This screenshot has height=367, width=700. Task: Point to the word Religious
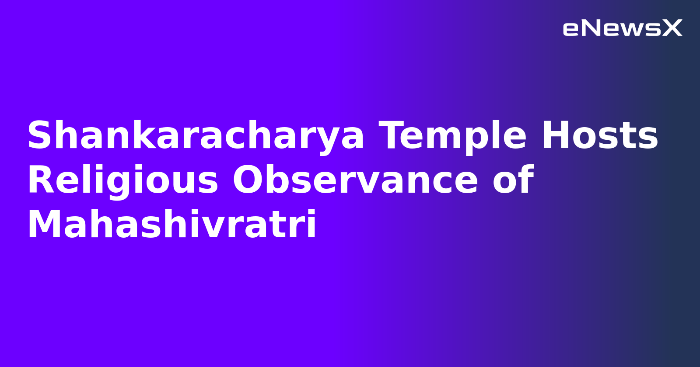pos(122,181)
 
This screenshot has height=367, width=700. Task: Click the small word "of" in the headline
pos(513,180)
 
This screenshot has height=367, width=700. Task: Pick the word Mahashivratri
pos(171,225)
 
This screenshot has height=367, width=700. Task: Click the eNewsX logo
pos(622,28)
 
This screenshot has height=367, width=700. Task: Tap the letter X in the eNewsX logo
pos(672,28)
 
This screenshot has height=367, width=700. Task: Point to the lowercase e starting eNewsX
pos(571,29)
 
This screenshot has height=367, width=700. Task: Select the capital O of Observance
pos(247,181)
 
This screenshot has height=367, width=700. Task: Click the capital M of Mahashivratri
pos(44,225)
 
